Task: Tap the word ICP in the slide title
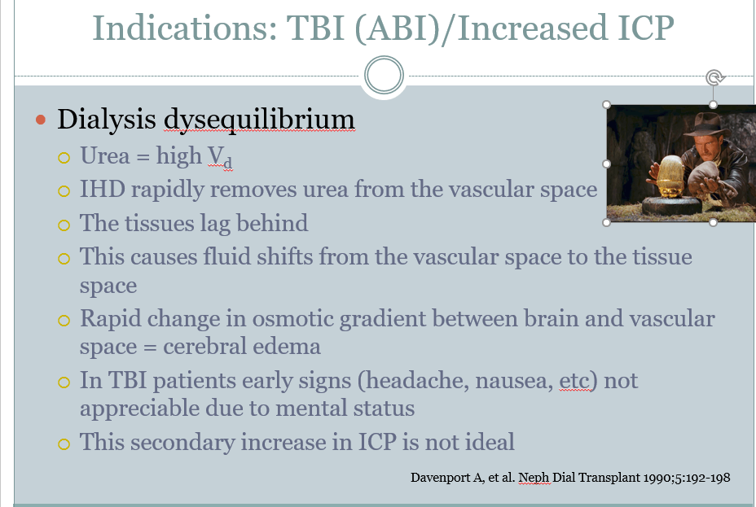point(646,28)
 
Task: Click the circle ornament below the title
point(384,75)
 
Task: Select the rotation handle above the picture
point(714,77)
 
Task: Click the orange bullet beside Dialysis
point(41,120)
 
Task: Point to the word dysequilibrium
point(259,120)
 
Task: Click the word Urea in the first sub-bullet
point(104,155)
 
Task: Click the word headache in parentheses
point(416,380)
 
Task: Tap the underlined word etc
point(574,381)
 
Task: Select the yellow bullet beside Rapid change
point(64,320)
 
